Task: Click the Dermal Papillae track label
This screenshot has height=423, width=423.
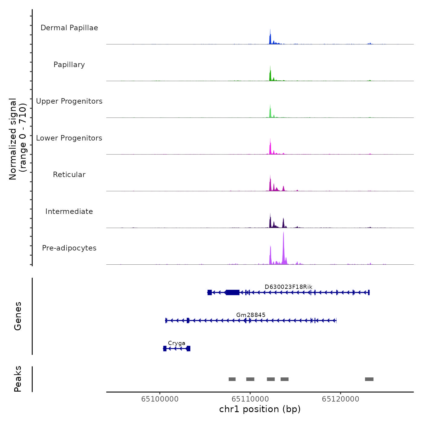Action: point(69,28)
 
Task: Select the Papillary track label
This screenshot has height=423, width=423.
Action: point(69,65)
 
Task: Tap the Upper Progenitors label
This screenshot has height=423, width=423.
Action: point(69,101)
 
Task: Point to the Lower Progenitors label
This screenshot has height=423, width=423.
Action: point(69,138)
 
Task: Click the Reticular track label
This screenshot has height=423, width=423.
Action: point(69,175)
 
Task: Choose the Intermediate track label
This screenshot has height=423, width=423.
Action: point(69,211)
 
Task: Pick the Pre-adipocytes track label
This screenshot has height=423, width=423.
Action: point(69,248)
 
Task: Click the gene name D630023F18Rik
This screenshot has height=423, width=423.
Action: point(288,287)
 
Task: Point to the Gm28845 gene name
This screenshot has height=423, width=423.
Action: point(251,315)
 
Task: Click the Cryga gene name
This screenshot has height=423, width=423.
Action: point(176,343)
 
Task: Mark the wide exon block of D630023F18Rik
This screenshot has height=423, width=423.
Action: point(233,292)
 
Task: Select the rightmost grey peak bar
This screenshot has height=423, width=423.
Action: point(369,379)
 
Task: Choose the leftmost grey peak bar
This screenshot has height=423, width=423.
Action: point(232,379)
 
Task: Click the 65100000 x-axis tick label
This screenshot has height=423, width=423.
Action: point(160,399)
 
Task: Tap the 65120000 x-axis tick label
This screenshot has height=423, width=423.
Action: point(341,399)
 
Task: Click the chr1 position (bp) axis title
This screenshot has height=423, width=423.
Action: point(260,409)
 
